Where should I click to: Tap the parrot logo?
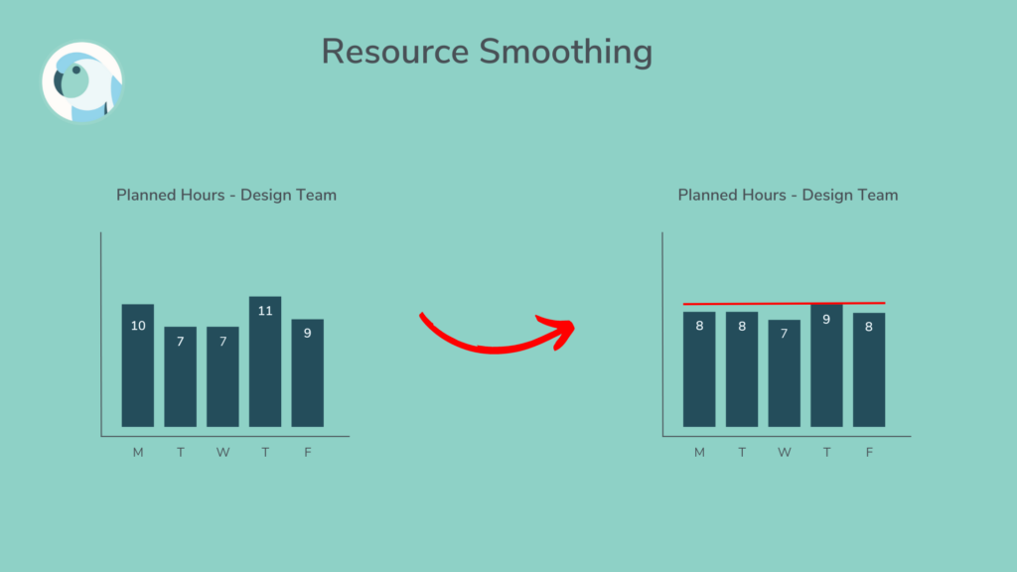point(81,83)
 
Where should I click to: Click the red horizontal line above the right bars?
point(784,303)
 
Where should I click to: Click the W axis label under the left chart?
point(222,453)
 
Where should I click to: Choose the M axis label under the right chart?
point(699,453)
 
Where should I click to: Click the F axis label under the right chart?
point(869,453)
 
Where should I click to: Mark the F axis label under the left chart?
point(308,453)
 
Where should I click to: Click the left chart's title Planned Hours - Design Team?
point(226,195)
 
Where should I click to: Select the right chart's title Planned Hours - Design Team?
point(788,195)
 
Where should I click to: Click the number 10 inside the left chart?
point(138,326)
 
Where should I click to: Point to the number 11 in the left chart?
point(265,311)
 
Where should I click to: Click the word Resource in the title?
point(395,52)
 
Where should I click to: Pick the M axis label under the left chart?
point(138,453)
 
